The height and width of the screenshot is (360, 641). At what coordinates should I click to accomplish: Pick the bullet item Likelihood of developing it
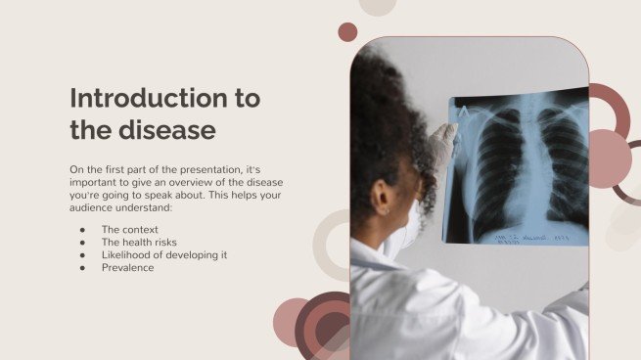point(164,254)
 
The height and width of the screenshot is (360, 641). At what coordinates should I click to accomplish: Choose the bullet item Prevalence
point(127,267)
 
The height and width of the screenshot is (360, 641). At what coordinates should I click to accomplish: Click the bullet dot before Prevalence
point(81,267)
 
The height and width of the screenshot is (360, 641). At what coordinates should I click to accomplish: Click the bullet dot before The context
point(81,229)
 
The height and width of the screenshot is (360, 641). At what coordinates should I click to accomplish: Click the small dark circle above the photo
point(347,32)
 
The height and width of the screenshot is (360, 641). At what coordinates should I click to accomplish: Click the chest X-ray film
point(519,166)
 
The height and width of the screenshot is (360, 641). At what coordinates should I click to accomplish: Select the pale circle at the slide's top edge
point(377,6)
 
